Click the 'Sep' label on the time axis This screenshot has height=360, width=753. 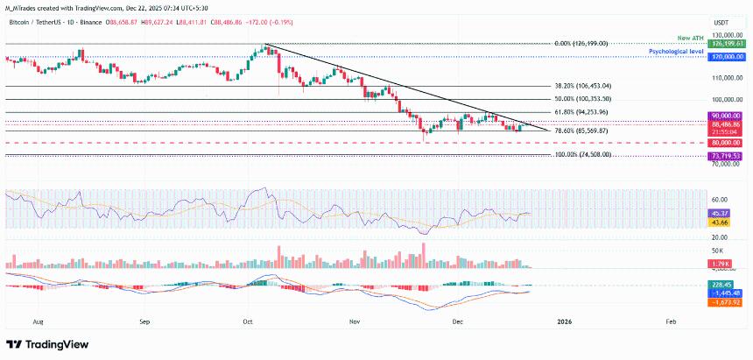click(145, 321)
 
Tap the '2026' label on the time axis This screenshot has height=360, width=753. click(564, 321)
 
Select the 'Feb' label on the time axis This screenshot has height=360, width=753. click(671, 321)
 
